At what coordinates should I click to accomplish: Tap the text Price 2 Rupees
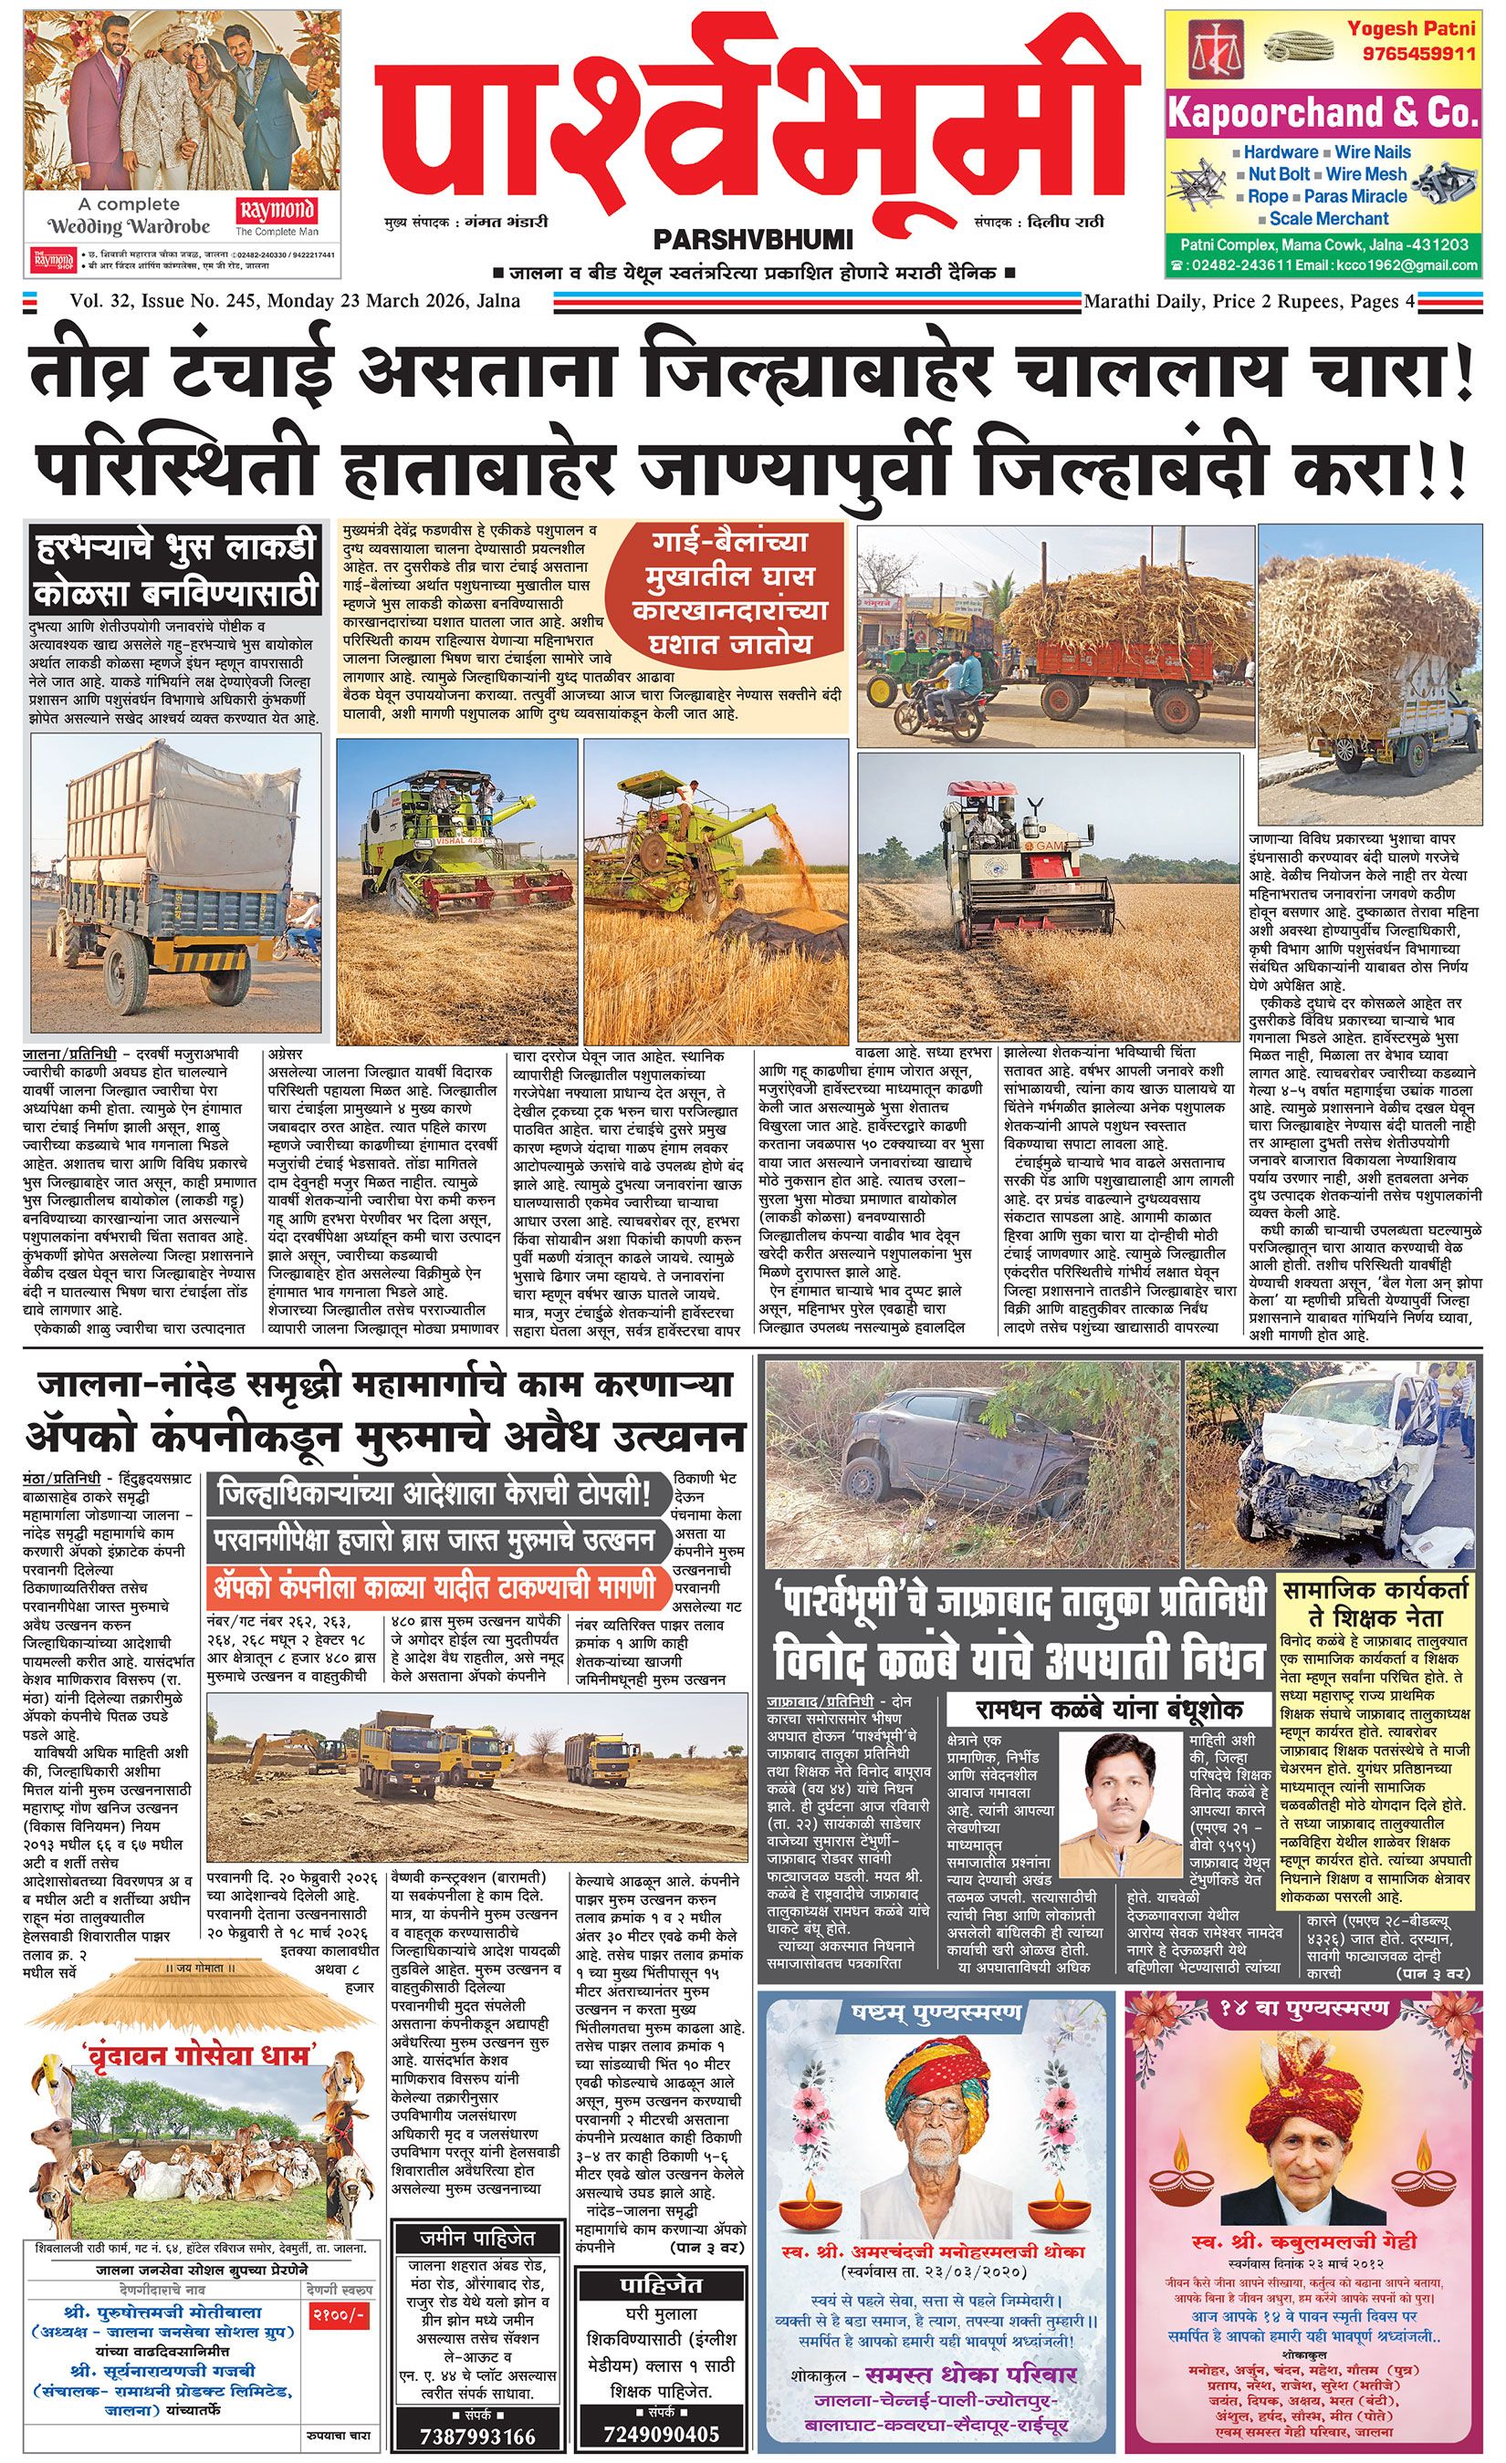click(1285, 301)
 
